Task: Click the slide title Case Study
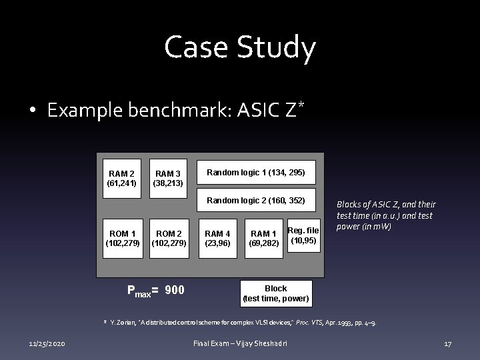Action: click(240, 48)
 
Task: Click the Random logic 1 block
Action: click(256, 172)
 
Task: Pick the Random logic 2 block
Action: click(256, 200)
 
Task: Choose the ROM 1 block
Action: click(122, 238)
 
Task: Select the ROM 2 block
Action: click(169, 238)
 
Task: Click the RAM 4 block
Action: click(217, 238)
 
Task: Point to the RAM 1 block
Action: click(264, 238)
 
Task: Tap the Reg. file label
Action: click(303, 231)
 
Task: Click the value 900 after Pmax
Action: click(175, 290)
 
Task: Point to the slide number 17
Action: click(448, 344)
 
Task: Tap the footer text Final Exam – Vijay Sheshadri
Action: click(241, 344)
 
